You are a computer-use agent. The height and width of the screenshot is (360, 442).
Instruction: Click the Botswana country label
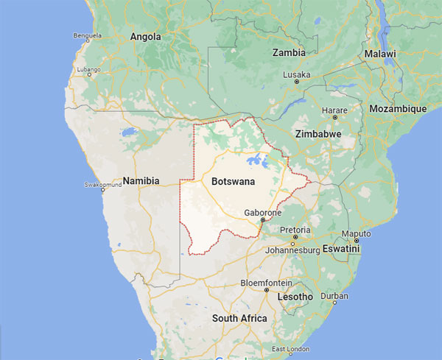point(232,180)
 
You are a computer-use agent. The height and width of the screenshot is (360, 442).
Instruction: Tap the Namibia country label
point(141,180)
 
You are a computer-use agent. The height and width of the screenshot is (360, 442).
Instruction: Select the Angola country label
point(145,36)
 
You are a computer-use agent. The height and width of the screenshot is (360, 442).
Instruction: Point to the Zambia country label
point(289,53)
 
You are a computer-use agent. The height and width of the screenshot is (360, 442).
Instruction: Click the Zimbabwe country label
point(318,135)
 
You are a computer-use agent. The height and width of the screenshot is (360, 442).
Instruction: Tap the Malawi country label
point(379,54)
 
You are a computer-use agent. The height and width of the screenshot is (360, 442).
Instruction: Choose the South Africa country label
point(239,318)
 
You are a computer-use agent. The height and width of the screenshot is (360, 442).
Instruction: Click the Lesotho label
point(295,297)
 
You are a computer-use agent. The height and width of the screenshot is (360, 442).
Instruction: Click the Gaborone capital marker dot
point(262,219)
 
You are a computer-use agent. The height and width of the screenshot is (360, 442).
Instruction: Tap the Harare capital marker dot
point(335,117)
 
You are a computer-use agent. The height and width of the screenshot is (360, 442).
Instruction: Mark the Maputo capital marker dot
point(356,241)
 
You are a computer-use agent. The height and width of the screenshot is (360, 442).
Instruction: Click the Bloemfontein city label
point(266,283)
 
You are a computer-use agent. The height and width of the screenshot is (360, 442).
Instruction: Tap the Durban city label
point(334,296)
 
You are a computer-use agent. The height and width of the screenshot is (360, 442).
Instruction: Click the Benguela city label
point(87,35)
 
